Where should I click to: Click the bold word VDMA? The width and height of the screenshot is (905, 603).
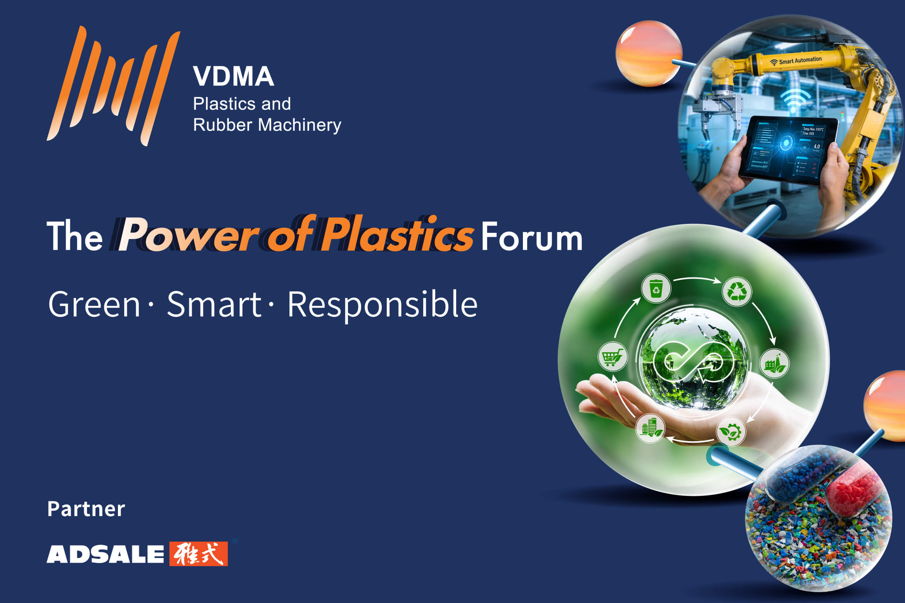pyautogui.click(x=234, y=76)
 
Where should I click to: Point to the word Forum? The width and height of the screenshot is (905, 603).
pyautogui.click(x=532, y=237)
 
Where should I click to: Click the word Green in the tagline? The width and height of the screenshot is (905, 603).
pyautogui.click(x=94, y=305)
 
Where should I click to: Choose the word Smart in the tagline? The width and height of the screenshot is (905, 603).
pyautogui.click(x=214, y=305)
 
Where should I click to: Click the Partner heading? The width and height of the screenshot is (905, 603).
pyautogui.click(x=86, y=509)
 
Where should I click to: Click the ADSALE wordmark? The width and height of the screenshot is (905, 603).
pyautogui.click(x=106, y=554)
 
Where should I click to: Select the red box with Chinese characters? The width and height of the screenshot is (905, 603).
pyautogui.click(x=199, y=554)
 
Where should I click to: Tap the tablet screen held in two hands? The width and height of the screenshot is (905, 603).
pyautogui.click(x=787, y=149)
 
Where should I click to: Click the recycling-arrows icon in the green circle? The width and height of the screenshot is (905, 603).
pyautogui.click(x=737, y=291)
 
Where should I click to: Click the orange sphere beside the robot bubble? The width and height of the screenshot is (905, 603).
pyautogui.click(x=649, y=53)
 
